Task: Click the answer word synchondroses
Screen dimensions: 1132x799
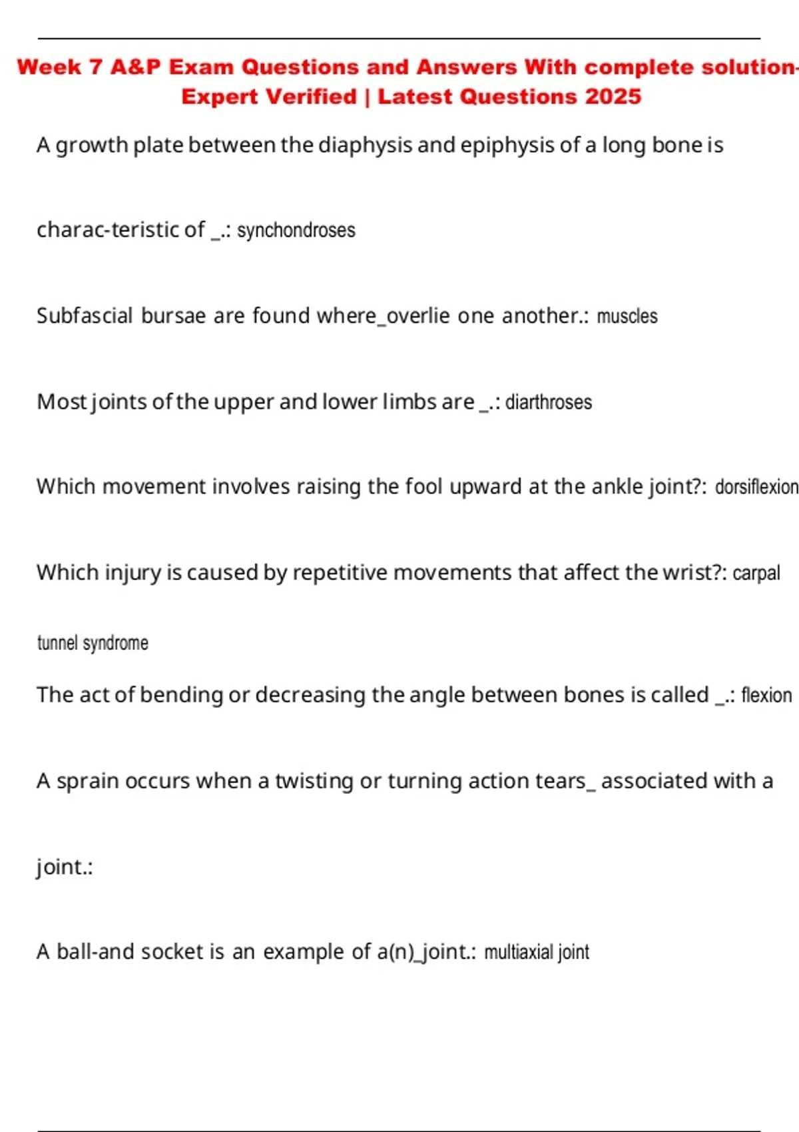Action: tap(296, 230)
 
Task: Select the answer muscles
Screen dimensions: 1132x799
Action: tap(627, 316)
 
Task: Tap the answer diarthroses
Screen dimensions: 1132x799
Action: tap(549, 402)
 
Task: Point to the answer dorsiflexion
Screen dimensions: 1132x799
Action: tap(756, 487)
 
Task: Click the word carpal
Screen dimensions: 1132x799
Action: tap(756, 573)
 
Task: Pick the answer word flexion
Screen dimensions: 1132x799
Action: tap(766, 695)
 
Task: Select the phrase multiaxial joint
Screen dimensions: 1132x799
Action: tap(537, 952)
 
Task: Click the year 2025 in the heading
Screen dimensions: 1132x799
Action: tap(613, 97)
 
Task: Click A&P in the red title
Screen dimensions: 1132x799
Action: tap(136, 67)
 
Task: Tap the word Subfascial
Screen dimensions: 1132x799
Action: tap(85, 316)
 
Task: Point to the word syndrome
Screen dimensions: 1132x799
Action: tap(115, 643)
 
